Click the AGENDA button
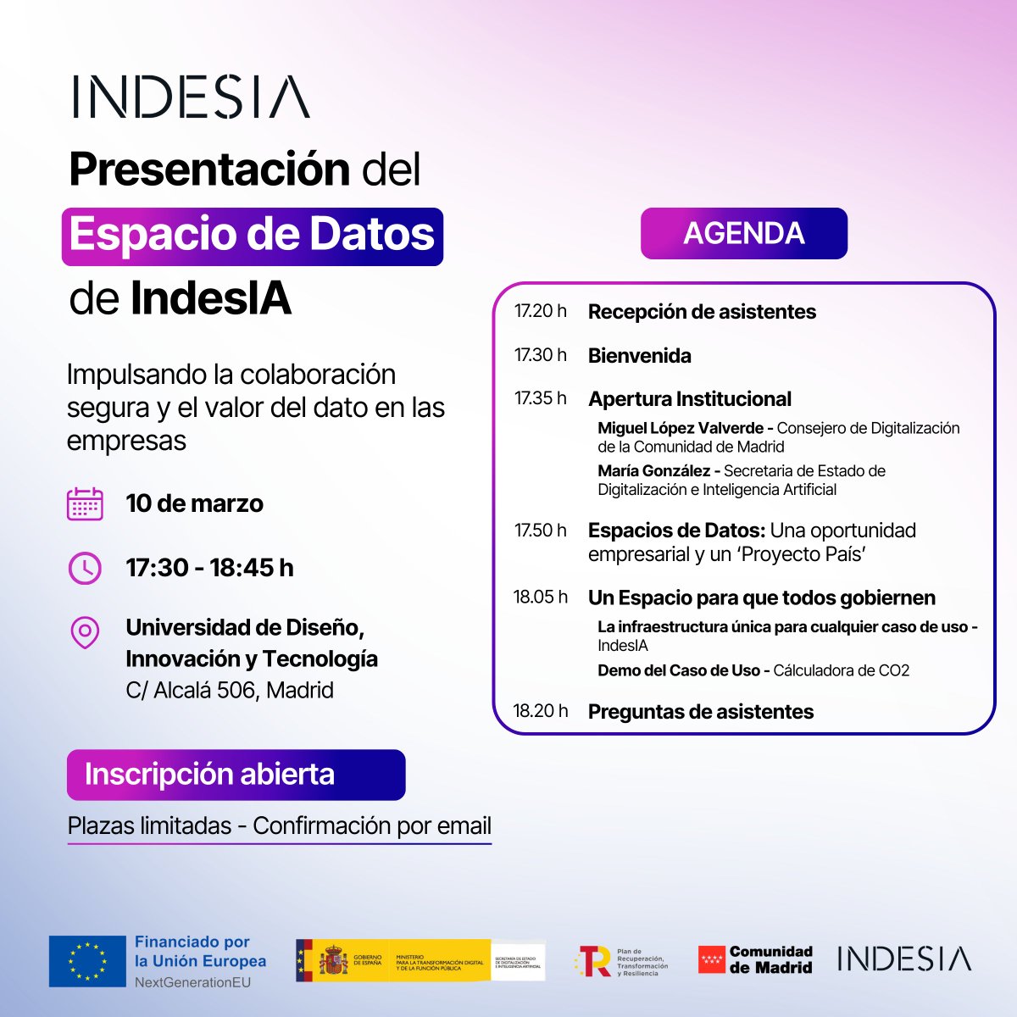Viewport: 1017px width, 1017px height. pos(743,233)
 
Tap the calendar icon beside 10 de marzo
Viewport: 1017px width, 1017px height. pos(85,503)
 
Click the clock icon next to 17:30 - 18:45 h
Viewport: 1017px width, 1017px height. pos(85,568)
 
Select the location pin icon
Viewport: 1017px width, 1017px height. pos(85,632)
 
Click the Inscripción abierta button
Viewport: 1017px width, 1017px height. pos(236,775)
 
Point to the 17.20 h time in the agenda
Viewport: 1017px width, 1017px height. pos(540,311)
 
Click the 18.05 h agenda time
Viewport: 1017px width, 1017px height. pos(540,597)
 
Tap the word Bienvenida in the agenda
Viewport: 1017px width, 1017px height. pos(639,356)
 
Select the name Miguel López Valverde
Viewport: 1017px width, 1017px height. pos(680,428)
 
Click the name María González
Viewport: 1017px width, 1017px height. pos(653,470)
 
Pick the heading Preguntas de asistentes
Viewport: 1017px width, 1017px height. pos(700,712)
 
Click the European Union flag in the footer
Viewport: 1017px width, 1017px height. pos(86,961)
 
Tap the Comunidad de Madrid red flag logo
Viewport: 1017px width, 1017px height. pos(711,960)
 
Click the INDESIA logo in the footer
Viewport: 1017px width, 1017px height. pos(903,959)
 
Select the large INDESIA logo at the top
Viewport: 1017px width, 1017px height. pos(191,97)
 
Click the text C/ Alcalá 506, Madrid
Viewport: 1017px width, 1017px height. pos(230,690)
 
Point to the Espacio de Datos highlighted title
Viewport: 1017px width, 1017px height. pos(252,236)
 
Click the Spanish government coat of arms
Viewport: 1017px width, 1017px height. pos(332,961)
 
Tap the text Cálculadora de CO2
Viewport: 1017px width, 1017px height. pos(841,670)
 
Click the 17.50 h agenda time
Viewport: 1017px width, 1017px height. pos(540,531)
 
